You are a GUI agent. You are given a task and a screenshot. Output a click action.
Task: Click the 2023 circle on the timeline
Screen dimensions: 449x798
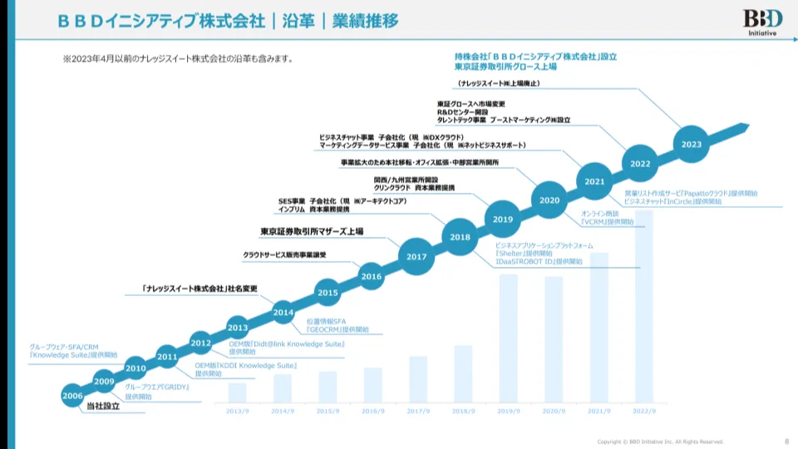click(692, 144)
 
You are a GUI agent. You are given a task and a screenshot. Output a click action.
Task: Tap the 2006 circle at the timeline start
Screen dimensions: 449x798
click(72, 396)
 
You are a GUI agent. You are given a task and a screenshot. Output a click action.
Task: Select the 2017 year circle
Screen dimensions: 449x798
click(416, 257)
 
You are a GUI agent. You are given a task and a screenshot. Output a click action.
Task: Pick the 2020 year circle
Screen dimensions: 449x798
click(549, 200)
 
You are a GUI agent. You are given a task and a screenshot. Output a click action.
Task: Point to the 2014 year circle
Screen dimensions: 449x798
click(283, 313)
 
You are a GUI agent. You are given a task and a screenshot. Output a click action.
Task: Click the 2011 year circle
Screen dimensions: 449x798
click(167, 357)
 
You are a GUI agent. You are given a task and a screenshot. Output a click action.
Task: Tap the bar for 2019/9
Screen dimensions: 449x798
click(509, 338)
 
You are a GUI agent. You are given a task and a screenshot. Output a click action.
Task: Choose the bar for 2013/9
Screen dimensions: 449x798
click(238, 392)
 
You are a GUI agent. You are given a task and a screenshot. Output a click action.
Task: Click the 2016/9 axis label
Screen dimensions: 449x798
click(373, 411)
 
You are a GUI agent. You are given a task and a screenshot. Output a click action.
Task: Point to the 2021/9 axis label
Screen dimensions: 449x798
click(599, 411)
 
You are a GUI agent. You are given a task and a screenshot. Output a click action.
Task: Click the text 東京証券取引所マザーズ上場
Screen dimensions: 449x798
click(312, 231)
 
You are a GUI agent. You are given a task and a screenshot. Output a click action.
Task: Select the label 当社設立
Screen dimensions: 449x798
click(103, 406)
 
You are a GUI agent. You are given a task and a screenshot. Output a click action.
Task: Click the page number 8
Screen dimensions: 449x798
click(786, 441)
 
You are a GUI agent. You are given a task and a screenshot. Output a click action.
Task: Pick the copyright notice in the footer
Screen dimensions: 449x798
click(661, 441)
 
